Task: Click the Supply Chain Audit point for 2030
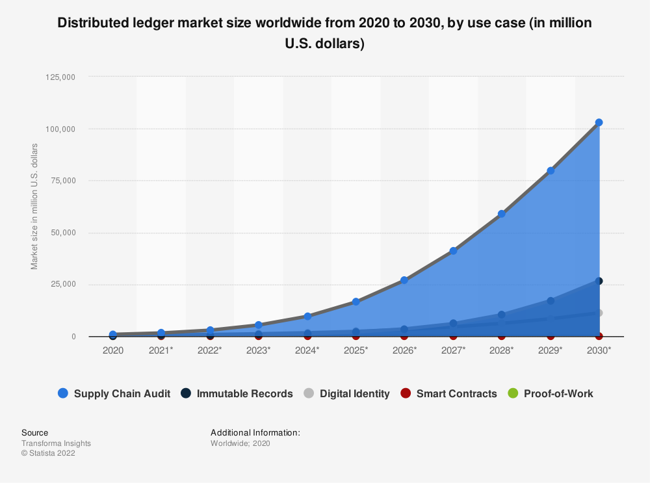(599, 122)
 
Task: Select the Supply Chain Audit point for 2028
(501, 214)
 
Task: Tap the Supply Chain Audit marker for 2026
(404, 280)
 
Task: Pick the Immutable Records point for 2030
(599, 281)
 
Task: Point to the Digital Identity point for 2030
(599, 313)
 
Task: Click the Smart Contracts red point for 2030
(599, 336)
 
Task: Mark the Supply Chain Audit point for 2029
(551, 171)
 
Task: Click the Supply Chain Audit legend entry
(114, 393)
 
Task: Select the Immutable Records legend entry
(237, 393)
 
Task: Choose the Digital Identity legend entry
(346, 393)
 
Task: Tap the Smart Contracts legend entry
(448, 393)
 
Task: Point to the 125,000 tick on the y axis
(60, 77)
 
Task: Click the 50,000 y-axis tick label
(63, 233)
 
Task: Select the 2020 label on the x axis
(112, 350)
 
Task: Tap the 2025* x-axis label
(356, 350)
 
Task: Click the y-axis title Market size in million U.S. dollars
(34, 205)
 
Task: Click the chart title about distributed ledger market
(325, 33)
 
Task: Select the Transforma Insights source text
(56, 443)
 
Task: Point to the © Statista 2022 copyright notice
(48, 454)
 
